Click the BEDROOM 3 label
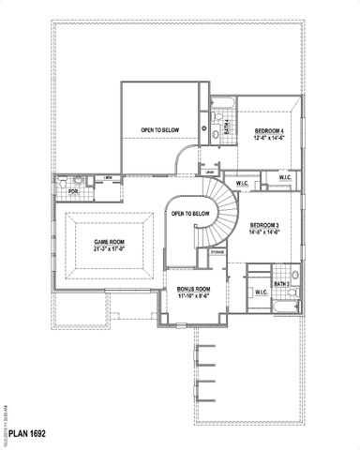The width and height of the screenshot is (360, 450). click(267, 226)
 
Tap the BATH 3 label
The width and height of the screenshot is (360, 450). click(281, 283)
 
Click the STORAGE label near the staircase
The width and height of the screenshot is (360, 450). click(217, 252)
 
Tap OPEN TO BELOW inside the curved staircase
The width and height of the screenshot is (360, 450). click(190, 214)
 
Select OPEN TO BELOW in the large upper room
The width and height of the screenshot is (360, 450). click(161, 130)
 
